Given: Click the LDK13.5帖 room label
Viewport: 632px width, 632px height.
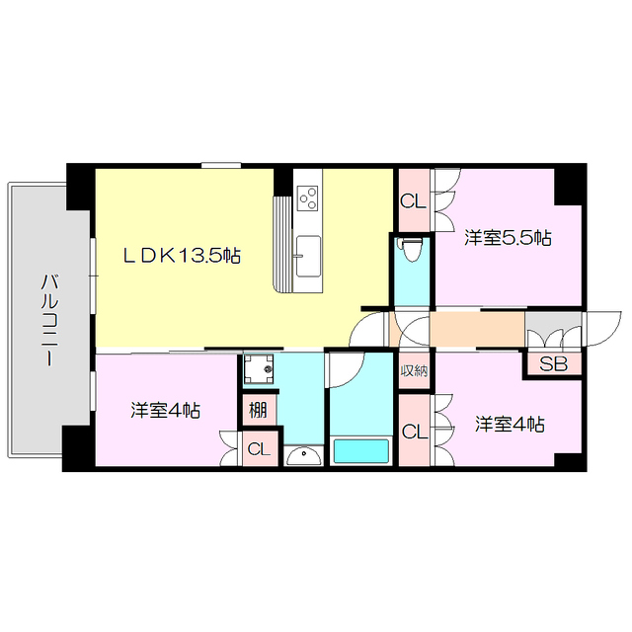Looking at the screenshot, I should (182, 256).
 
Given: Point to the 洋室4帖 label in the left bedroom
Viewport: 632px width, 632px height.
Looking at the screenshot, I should (166, 410).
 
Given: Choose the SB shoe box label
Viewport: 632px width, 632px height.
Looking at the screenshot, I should (554, 364).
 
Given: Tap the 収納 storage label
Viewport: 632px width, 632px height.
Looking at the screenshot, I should (414, 371).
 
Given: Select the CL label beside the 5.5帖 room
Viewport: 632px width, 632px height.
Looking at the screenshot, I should (413, 200).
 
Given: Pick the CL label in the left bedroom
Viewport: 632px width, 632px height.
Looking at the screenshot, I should (257, 450).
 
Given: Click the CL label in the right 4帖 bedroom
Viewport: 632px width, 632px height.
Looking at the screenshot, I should (415, 433).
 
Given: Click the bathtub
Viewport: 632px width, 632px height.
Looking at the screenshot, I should (360, 452).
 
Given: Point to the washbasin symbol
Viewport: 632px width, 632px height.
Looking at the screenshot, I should (304, 456).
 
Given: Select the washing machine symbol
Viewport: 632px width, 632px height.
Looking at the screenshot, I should (262, 370).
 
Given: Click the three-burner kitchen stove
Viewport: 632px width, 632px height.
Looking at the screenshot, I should (308, 197).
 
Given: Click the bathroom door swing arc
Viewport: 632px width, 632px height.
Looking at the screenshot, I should (346, 370).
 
